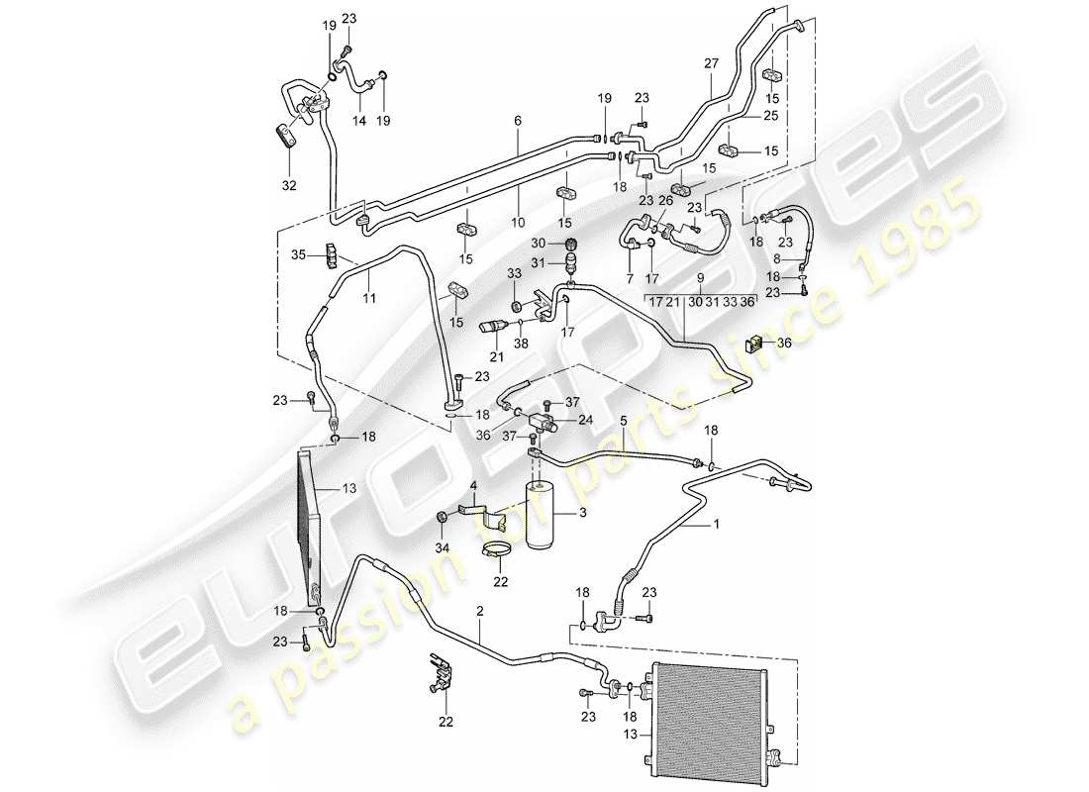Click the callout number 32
[289, 185]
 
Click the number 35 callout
[300, 256]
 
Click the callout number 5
[623, 420]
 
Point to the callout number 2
[479, 612]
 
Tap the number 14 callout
[358, 121]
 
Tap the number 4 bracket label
[472, 485]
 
